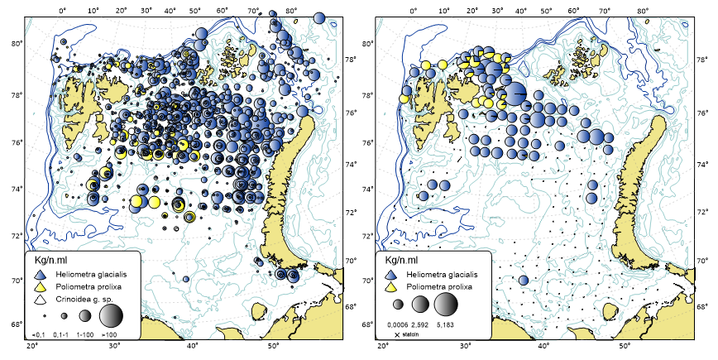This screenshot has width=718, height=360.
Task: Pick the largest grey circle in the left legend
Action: tap(111, 315)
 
